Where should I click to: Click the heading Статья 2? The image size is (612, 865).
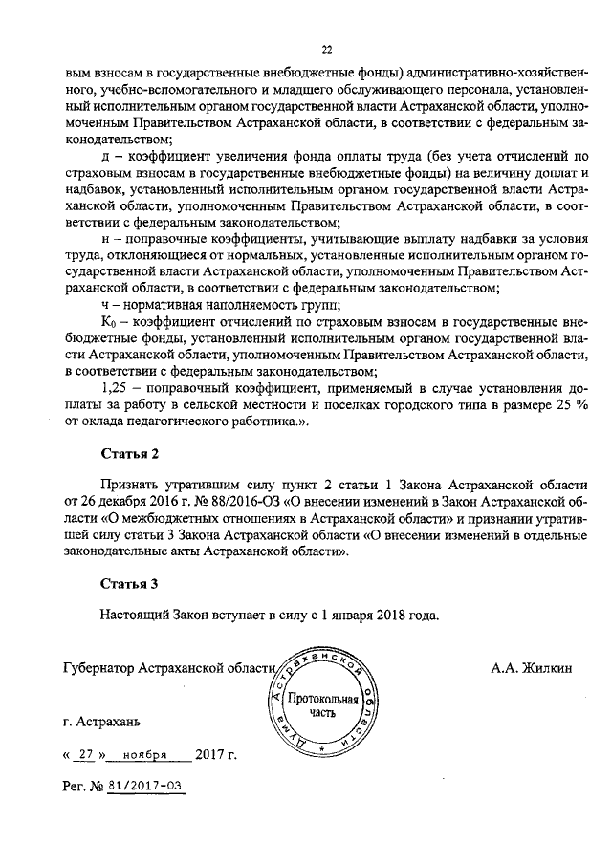click(128, 452)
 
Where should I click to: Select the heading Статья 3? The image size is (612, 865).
click(128, 582)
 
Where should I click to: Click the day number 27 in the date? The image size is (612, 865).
click(85, 754)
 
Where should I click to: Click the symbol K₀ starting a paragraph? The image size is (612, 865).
click(108, 322)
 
